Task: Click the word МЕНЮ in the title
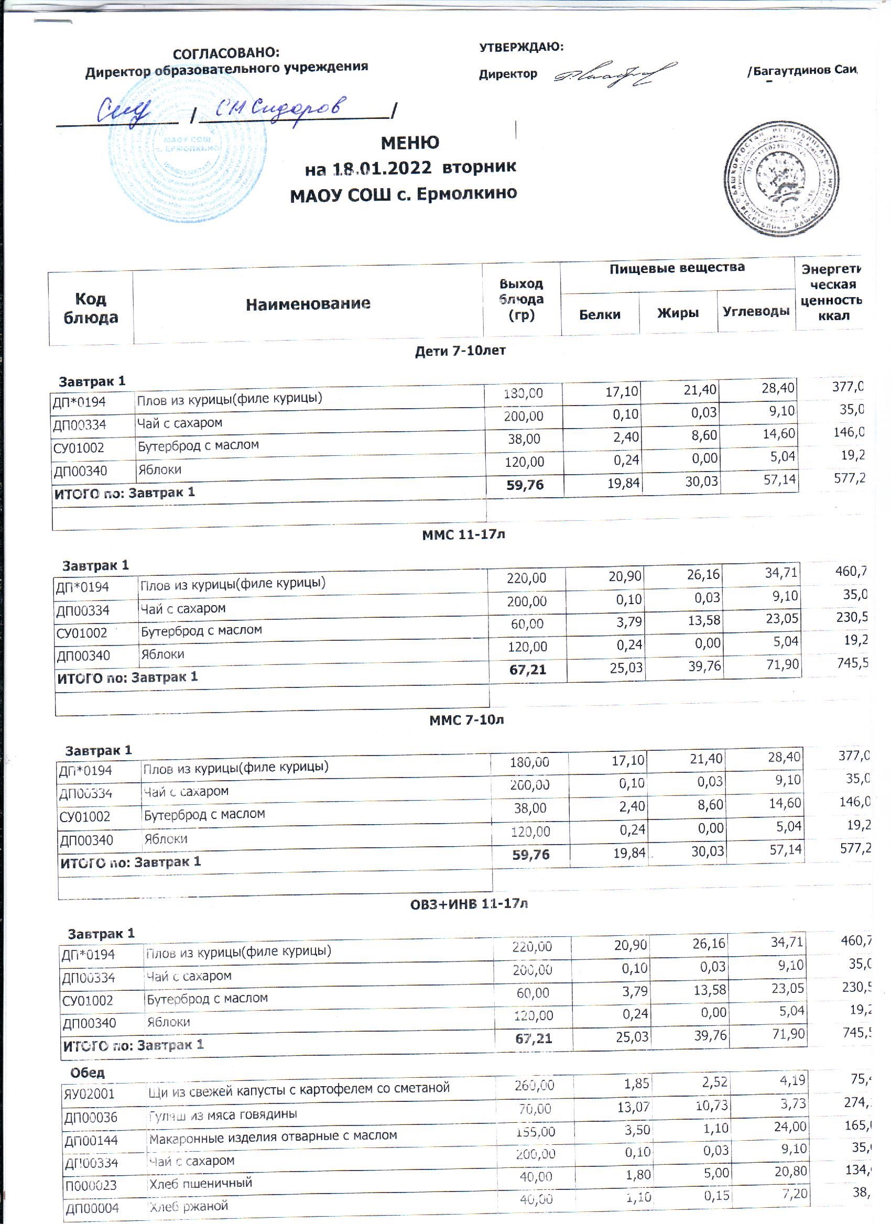pos(409,143)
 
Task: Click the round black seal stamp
pos(781,179)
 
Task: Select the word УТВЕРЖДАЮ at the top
pos(521,48)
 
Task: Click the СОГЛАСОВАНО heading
pos(226,53)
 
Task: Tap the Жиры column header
pos(678,313)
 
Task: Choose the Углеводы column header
pos(756,311)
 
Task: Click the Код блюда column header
pos(91,309)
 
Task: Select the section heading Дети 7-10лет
pos(460,351)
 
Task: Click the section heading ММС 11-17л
pos(464,535)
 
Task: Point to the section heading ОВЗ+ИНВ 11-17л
pos(469,904)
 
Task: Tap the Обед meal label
pos(88,1072)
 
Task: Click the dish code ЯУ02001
pos(90,1095)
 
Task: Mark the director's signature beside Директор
pos(615,74)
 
